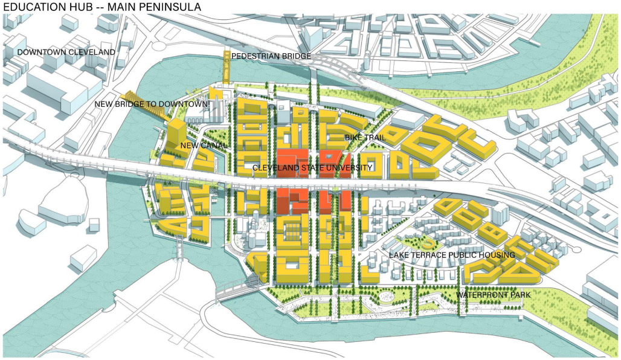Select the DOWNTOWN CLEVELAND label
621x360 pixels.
pos(66,53)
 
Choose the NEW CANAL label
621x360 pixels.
pos(204,146)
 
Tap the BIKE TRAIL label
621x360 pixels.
pos(365,138)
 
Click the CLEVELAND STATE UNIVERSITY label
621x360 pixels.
pos(312,167)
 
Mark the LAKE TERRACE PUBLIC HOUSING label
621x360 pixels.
pos(452,255)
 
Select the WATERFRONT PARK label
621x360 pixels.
pos(493,295)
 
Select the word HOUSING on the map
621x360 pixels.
pos(498,255)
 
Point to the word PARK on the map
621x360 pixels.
pos(519,295)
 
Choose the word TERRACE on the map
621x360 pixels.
pos(431,255)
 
